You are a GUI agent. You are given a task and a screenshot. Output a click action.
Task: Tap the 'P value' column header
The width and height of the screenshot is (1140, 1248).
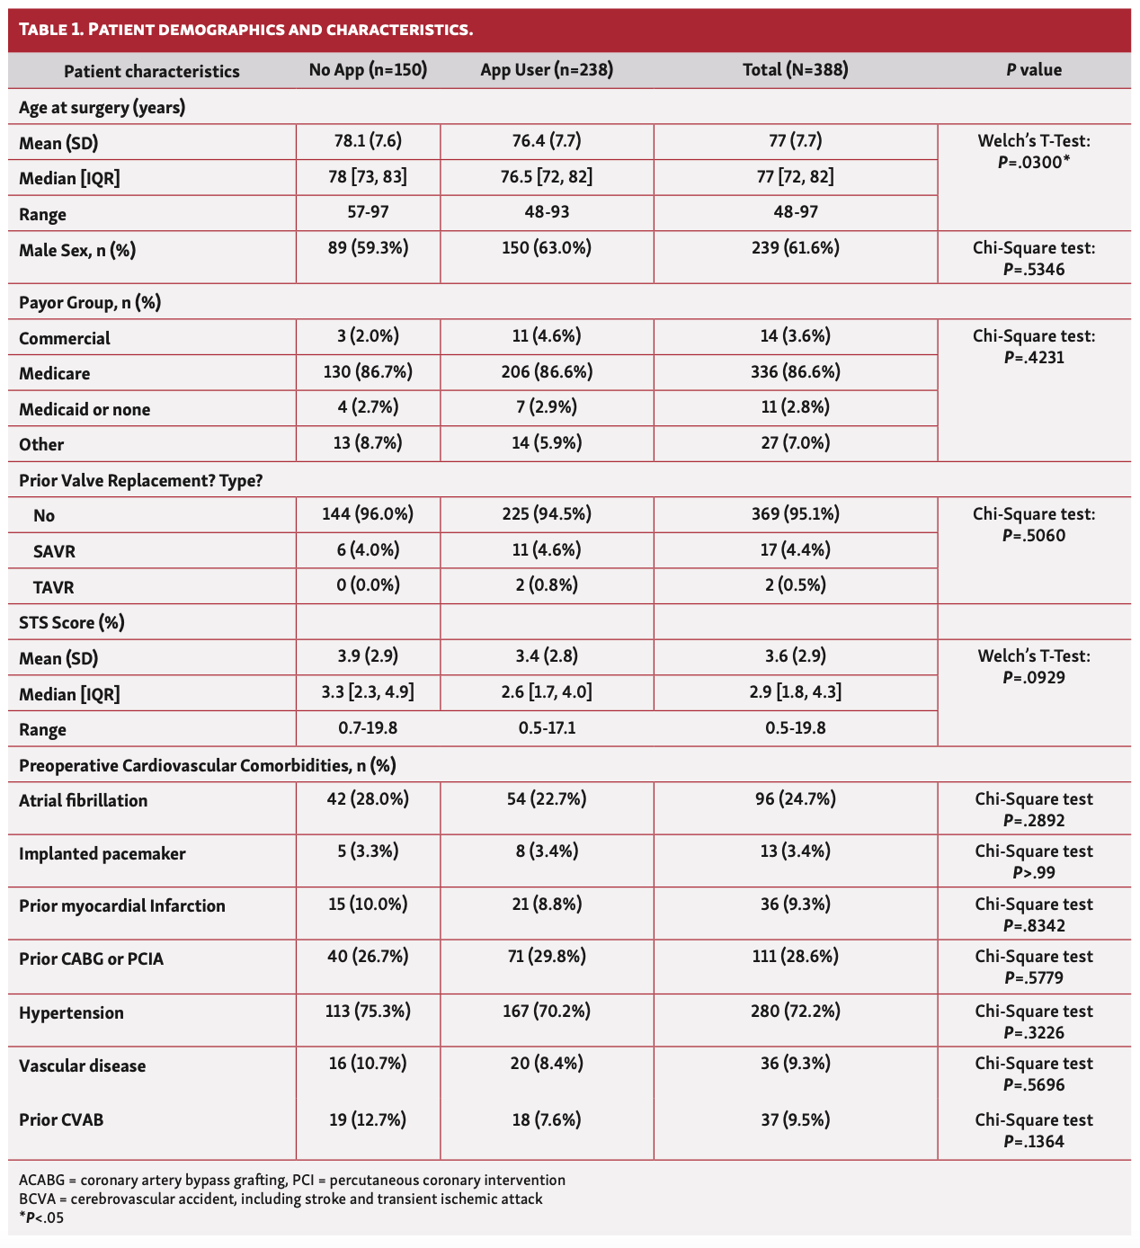(x=1034, y=70)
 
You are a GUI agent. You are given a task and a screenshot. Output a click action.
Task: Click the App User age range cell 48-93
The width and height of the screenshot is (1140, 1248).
(x=546, y=213)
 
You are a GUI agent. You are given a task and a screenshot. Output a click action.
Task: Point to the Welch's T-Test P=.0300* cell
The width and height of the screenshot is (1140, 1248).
(x=1034, y=152)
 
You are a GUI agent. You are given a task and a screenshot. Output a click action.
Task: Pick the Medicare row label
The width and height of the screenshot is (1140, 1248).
(x=55, y=373)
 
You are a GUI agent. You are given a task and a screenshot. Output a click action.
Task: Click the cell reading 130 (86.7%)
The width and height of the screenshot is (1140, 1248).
(x=368, y=371)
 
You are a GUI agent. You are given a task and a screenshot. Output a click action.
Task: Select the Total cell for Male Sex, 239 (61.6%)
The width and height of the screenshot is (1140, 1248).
(x=795, y=248)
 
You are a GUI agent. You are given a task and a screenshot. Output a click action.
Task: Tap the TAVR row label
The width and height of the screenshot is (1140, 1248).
(x=53, y=587)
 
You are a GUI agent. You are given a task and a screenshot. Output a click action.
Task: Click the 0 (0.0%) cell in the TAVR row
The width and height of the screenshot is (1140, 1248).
(x=368, y=585)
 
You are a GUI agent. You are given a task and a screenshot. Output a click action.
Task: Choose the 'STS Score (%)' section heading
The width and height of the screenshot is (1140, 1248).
(x=72, y=622)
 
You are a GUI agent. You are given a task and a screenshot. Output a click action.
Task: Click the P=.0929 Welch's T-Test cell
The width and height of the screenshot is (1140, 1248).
(x=1034, y=666)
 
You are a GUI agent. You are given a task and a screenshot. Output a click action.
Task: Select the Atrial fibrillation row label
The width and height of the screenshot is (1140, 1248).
(x=83, y=800)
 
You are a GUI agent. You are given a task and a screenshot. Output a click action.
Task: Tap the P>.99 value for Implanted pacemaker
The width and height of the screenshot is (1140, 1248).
(x=1034, y=872)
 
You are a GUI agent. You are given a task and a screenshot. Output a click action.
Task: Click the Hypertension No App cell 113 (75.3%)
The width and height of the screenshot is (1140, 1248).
(x=368, y=1012)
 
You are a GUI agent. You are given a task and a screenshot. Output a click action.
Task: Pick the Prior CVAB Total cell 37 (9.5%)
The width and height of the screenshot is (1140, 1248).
(x=795, y=1119)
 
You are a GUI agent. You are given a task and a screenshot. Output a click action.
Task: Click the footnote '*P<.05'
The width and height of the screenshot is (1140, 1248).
(x=41, y=1218)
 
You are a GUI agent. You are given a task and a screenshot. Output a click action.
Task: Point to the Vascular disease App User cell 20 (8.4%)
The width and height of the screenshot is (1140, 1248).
(x=546, y=1064)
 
